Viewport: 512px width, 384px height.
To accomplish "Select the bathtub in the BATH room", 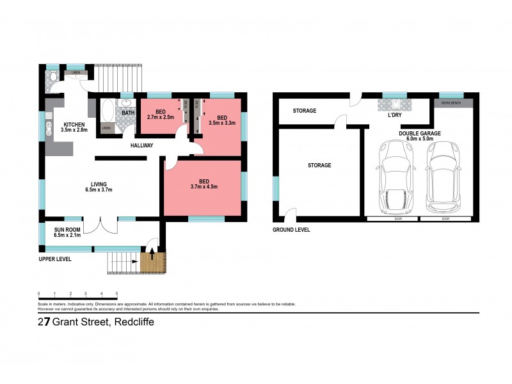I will [108, 113].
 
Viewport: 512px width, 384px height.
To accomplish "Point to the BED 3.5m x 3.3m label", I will [221, 120].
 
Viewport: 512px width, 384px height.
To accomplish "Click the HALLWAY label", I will [141, 145].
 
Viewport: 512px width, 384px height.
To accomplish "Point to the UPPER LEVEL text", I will [56, 259].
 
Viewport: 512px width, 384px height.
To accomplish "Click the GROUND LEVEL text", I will [291, 229].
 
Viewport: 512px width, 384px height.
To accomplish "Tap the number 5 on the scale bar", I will [116, 293].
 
